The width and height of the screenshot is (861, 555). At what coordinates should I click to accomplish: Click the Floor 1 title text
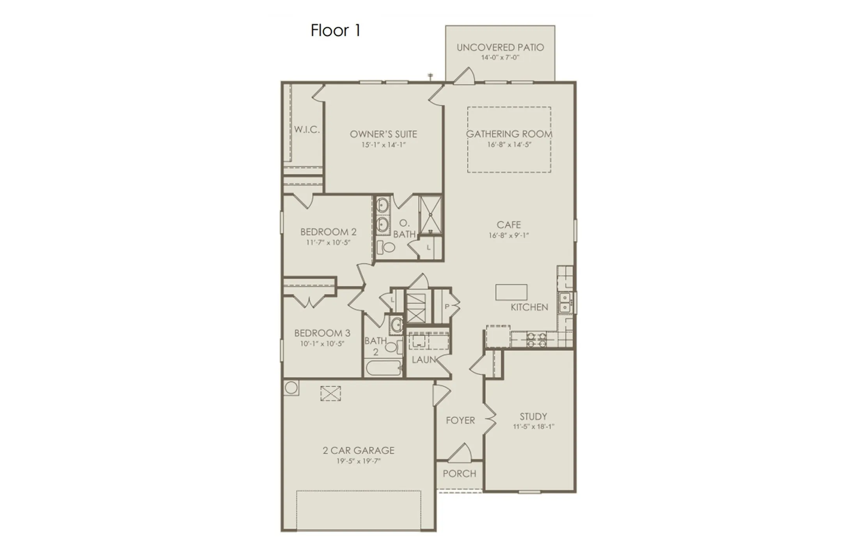tap(335, 30)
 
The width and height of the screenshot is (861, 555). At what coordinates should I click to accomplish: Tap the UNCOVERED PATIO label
tap(500, 48)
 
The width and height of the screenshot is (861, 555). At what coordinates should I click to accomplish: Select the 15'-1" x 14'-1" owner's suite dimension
tap(383, 145)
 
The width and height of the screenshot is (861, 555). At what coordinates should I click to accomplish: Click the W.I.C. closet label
tap(307, 130)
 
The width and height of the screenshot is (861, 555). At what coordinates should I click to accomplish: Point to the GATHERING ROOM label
tap(509, 134)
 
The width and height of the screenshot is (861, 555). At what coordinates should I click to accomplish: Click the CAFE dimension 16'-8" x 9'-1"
tap(508, 235)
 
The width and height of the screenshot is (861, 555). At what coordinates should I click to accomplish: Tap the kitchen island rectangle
tap(511, 292)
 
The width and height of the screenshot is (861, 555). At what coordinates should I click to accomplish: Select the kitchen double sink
tap(565, 303)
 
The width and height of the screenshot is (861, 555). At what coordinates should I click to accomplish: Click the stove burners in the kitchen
tap(536, 339)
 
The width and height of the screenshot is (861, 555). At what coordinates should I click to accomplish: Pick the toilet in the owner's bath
tap(386, 247)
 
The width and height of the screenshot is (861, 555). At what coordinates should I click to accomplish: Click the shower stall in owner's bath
tap(430, 215)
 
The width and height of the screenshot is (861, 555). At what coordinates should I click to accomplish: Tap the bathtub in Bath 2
tap(384, 368)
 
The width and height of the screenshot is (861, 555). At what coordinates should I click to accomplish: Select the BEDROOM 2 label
tap(328, 232)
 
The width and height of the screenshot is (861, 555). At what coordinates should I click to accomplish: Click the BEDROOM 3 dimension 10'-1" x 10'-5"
tap(322, 344)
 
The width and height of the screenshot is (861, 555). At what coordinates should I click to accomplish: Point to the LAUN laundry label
tap(424, 359)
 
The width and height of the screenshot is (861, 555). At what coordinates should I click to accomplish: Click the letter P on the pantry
tap(447, 307)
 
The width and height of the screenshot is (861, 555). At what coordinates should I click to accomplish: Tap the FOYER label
tap(460, 420)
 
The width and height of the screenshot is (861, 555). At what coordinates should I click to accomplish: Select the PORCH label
tap(459, 474)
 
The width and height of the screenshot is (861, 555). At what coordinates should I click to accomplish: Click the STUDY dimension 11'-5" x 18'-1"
tap(533, 427)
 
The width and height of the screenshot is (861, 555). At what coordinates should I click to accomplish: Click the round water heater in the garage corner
tap(291, 388)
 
